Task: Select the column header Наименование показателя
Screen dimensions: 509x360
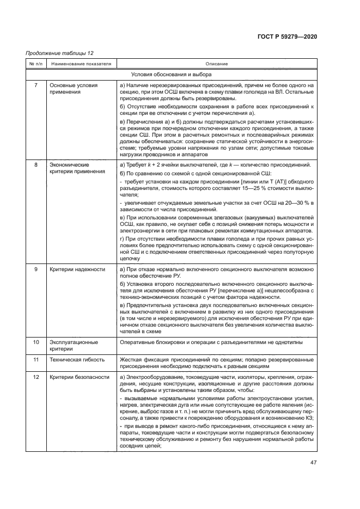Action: pyautogui.click(x=81, y=64)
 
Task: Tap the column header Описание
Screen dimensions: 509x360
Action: pyautogui.click(x=216, y=64)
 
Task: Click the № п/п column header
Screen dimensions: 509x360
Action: pyautogui.click(x=35, y=64)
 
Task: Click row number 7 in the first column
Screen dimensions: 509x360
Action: pyautogui.click(x=36, y=85)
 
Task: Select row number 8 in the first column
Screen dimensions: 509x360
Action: pyautogui.click(x=36, y=164)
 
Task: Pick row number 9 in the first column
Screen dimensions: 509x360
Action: pyautogui.click(x=36, y=269)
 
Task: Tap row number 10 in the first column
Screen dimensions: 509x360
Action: pyautogui.click(x=36, y=342)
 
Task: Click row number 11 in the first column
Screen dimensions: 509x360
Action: pyautogui.click(x=36, y=360)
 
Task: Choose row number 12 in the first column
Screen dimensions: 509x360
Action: pyautogui.click(x=36, y=377)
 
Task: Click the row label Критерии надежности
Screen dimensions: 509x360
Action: pyautogui.click(x=77, y=269)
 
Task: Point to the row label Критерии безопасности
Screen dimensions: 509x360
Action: pyautogui.click(x=80, y=377)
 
